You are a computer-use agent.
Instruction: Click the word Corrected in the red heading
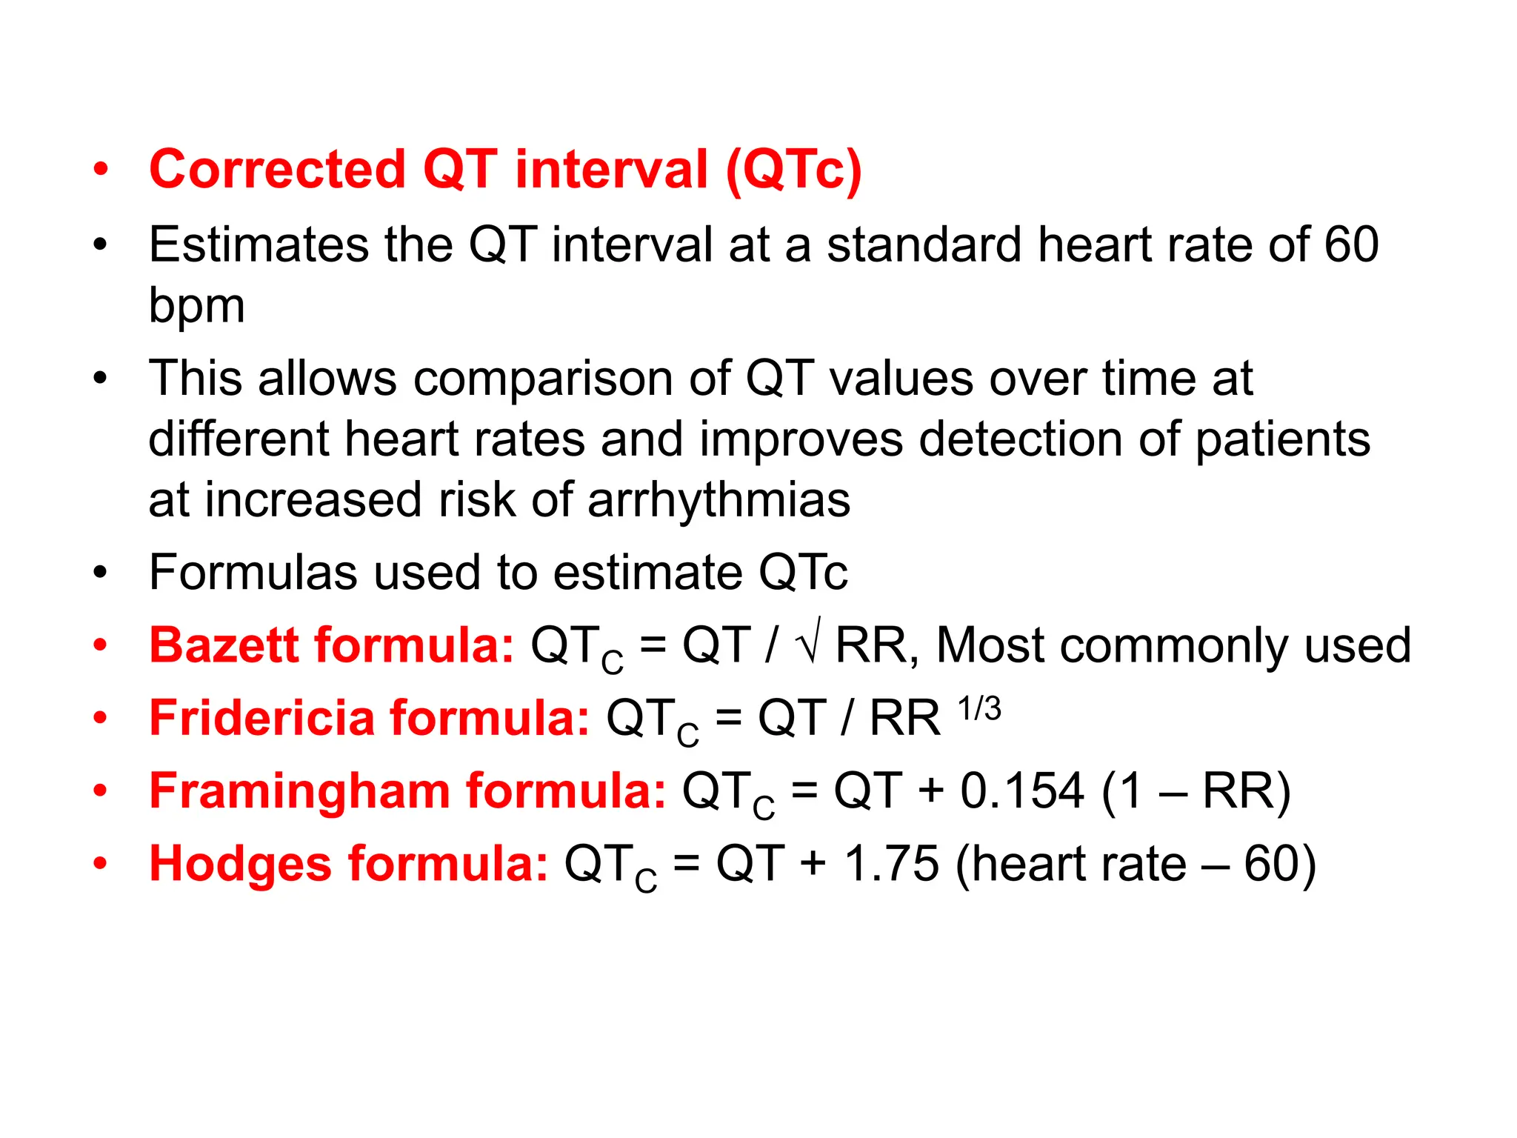tap(277, 170)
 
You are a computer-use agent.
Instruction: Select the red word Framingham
tap(299, 791)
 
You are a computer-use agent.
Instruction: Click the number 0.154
tap(1022, 791)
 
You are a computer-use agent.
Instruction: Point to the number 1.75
tap(891, 864)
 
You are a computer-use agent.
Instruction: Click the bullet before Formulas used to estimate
tap(101, 573)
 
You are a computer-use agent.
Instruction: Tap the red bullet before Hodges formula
tap(101, 863)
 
